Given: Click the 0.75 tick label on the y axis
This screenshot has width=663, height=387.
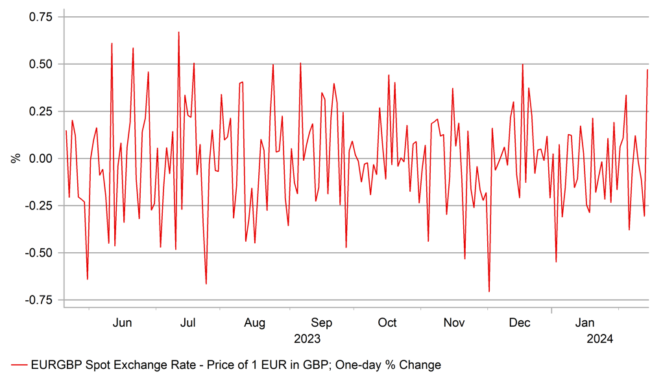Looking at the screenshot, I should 40,17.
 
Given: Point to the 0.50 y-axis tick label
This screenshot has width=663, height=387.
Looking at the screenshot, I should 40,64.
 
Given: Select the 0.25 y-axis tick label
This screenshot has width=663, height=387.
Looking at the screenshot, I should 40,111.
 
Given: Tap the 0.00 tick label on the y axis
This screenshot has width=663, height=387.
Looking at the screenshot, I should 40,159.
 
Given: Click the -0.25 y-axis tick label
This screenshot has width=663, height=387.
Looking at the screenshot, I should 38,206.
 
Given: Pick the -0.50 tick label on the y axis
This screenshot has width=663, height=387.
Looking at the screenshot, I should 38,253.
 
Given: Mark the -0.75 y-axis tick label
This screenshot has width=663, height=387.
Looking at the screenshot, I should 38,300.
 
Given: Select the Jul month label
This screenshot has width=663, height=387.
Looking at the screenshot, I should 188,323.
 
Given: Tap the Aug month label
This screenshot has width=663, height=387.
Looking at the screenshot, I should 255,323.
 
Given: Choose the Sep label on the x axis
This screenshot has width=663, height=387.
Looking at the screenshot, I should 322,323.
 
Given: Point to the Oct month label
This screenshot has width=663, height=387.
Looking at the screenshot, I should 387,323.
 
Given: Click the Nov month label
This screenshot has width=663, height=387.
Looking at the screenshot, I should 454,323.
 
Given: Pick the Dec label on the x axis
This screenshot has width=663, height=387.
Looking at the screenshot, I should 520,323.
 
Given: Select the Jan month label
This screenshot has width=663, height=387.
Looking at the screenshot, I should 586,323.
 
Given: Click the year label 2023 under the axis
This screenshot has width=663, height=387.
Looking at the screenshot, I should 307,338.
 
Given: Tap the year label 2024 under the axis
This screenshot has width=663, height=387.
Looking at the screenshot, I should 599,338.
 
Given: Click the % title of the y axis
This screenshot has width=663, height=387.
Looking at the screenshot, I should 16,158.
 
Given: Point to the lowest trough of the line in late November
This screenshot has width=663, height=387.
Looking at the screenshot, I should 489,292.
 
